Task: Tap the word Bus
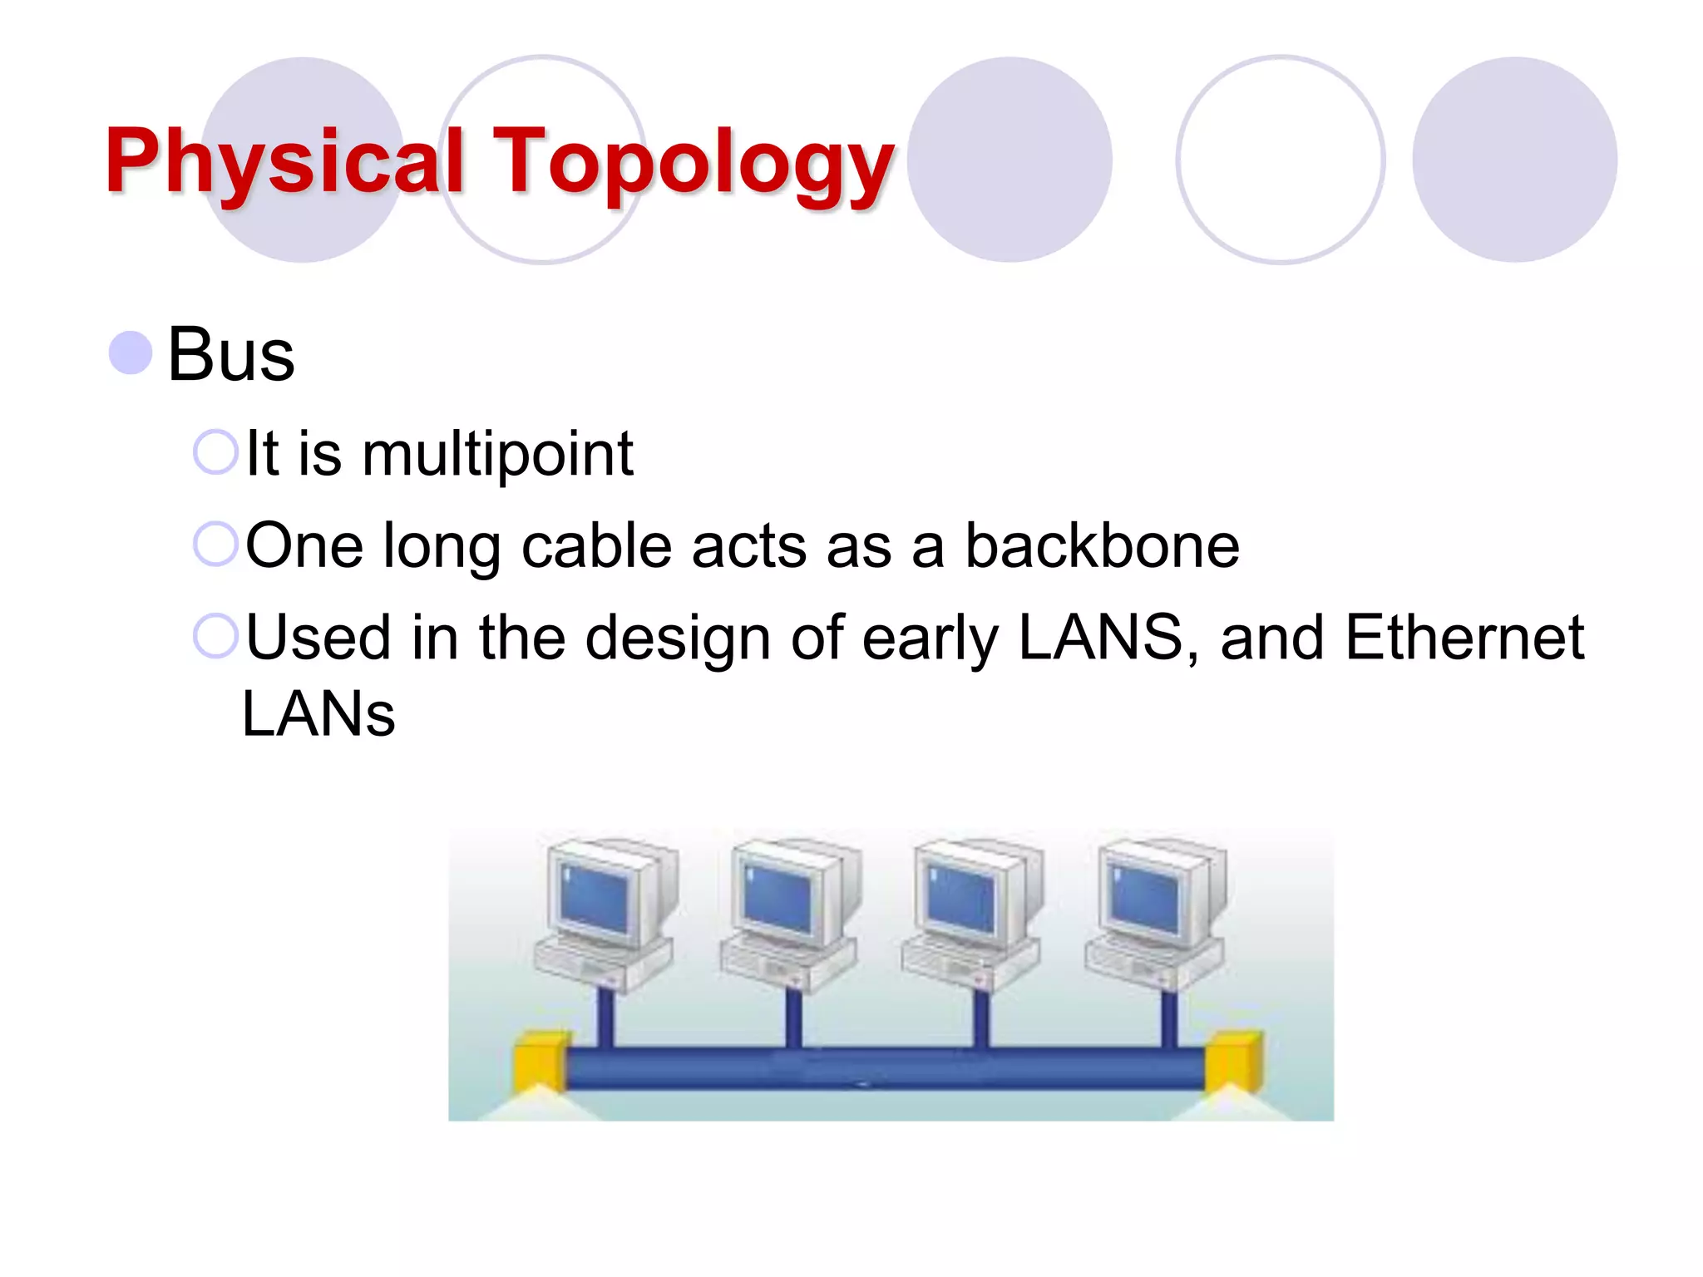click(230, 355)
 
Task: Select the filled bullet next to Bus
click(131, 353)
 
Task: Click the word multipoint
click(497, 454)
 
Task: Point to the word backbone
click(1101, 546)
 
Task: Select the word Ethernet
click(1464, 638)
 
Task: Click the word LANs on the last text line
click(318, 714)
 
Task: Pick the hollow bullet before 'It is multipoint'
click(215, 452)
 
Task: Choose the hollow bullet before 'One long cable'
click(215, 545)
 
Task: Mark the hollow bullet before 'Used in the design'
click(215, 636)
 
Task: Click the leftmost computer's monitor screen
click(594, 897)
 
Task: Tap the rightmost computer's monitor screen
click(1145, 897)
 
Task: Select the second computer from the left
click(790, 915)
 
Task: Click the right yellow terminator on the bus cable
click(1234, 1060)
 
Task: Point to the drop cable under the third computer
click(981, 1018)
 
